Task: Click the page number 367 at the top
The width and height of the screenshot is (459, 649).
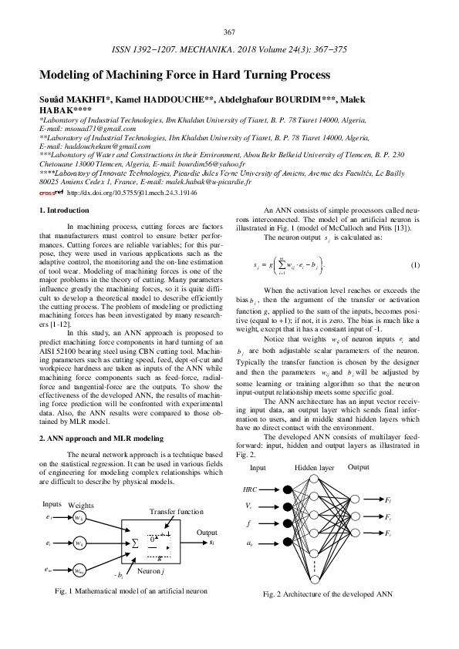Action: point(229,32)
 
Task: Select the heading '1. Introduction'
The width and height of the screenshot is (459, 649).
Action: point(64,210)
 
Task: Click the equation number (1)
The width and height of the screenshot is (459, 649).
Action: point(414,266)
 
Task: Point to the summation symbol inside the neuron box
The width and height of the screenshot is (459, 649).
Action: point(136,542)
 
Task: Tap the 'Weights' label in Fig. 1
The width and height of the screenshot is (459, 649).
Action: point(81,505)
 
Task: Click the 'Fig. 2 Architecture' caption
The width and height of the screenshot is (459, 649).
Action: point(329,594)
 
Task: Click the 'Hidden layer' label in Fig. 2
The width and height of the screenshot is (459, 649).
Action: point(315,468)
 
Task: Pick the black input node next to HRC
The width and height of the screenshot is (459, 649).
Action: point(288,489)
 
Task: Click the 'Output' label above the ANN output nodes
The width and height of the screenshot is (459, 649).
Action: point(358,467)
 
